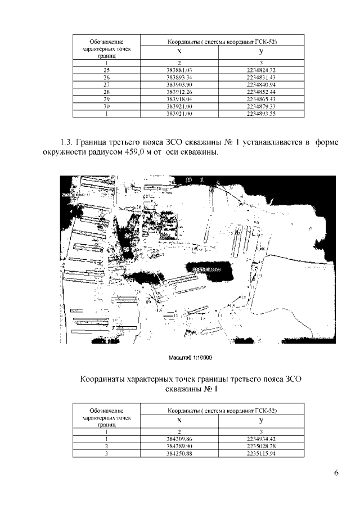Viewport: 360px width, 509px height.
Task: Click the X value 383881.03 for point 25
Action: coord(179,69)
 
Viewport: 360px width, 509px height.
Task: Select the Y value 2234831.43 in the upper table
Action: coord(261,76)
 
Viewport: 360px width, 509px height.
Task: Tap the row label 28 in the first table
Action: coord(106,91)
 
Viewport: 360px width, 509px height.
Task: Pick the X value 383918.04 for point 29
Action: coord(179,98)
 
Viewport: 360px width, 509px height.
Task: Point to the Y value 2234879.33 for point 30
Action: coord(261,106)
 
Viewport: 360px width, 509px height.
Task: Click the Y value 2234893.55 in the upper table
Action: coord(261,113)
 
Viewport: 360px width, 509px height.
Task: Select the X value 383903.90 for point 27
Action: coord(179,84)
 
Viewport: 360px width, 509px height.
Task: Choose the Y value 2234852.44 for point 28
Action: coord(261,91)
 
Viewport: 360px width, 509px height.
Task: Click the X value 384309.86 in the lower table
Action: coord(179,438)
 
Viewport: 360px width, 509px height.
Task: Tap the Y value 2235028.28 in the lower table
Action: coord(261,445)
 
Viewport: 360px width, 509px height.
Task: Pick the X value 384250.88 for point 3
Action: coord(179,452)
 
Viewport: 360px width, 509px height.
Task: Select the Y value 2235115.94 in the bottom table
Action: coord(261,452)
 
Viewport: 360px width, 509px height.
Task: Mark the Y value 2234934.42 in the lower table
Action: coord(261,438)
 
